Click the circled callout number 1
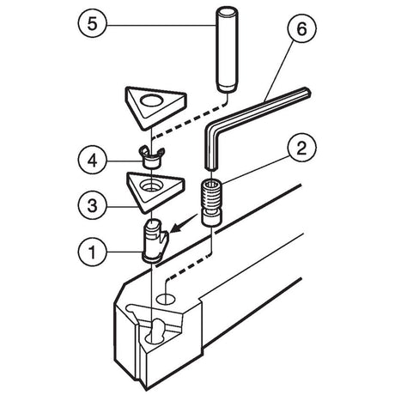(92, 252)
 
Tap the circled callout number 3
(92, 206)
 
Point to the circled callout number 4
(92, 161)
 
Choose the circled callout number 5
(92, 23)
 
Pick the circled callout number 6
(301, 28)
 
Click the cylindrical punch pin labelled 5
(226, 50)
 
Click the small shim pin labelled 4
(151, 158)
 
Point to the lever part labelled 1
(155, 240)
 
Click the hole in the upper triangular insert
(151, 100)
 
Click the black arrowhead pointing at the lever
(175, 228)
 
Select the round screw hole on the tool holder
(166, 299)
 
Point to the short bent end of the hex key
(211, 149)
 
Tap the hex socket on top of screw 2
(212, 183)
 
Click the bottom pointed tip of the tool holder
(147, 390)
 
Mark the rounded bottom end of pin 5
(226, 88)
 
